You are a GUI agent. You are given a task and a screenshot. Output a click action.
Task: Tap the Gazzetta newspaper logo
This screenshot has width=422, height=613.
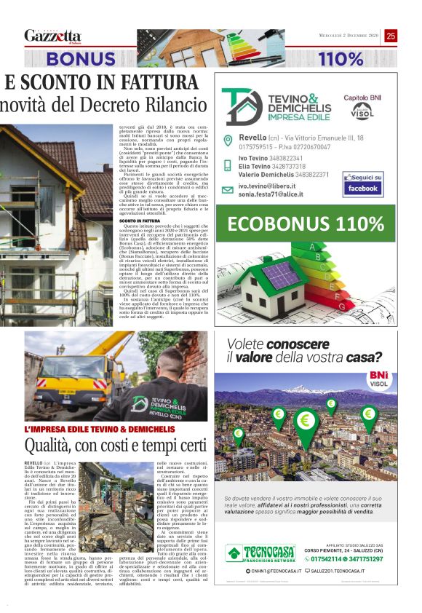(x=52, y=36)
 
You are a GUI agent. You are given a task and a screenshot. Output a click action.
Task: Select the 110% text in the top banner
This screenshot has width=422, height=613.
(x=341, y=59)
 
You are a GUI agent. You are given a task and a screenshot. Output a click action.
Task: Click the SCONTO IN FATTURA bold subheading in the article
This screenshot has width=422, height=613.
(x=138, y=218)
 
